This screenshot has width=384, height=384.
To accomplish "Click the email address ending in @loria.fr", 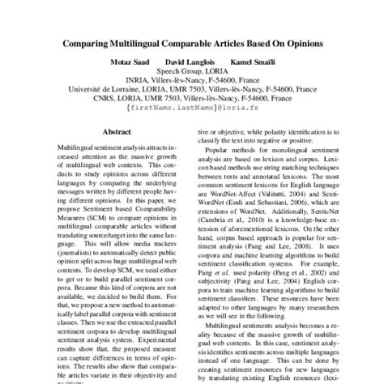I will (192, 127).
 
